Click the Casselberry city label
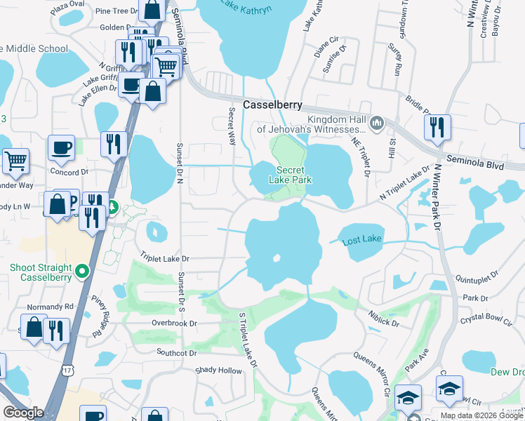coord(272,105)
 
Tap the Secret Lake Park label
coord(291,175)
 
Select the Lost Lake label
coord(361,240)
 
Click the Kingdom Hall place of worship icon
coord(377,123)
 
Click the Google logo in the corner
coord(23,413)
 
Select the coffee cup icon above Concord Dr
coord(61,148)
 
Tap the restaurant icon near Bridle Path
coord(437,127)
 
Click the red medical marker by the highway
coord(112,208)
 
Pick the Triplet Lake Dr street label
coord(166,258)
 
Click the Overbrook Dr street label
coord(175,323)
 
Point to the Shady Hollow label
coord(218,370)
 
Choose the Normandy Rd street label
coord(50,307)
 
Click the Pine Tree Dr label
coord(117,11)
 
